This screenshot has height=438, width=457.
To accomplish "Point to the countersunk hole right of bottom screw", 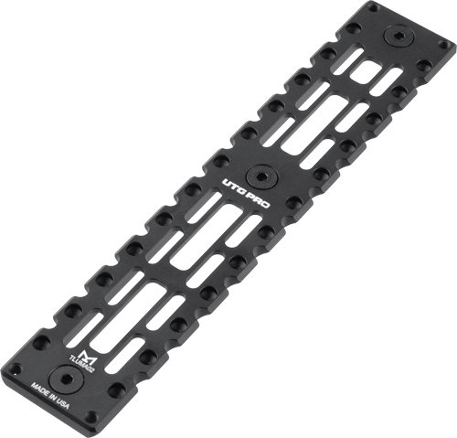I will click(116, 390).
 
